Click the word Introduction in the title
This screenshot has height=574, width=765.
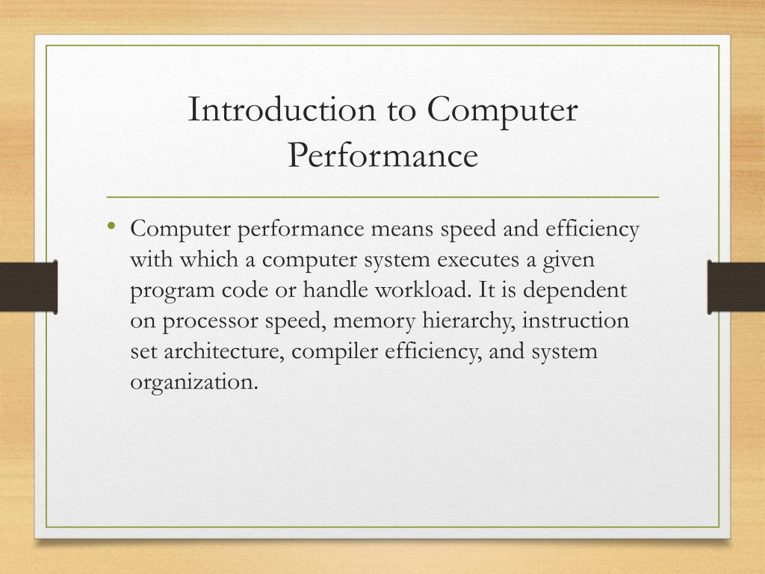(282, 109)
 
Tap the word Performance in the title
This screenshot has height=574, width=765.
(382, 155)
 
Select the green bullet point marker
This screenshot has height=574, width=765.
(112, 226)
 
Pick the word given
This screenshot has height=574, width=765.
(569, 260)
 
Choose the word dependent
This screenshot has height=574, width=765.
(574, 291)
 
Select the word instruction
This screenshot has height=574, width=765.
(575, 320)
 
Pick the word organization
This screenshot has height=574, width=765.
(193, 382)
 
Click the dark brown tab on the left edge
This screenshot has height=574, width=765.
(29, 287)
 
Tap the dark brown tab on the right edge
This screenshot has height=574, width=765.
(736, 287)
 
